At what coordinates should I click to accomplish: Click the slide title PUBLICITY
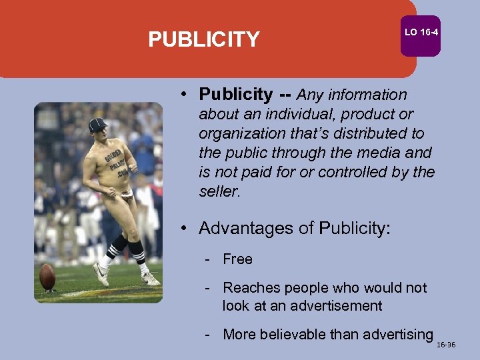(203, 40)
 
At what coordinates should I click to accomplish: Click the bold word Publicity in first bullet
(236, 95)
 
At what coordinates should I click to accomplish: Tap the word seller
(218, 192)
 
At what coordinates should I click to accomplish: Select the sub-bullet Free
(237, 259)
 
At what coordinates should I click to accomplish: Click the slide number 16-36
(446, 345)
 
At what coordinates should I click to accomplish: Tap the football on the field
(47, 277)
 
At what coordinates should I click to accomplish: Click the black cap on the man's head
(97, 124)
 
